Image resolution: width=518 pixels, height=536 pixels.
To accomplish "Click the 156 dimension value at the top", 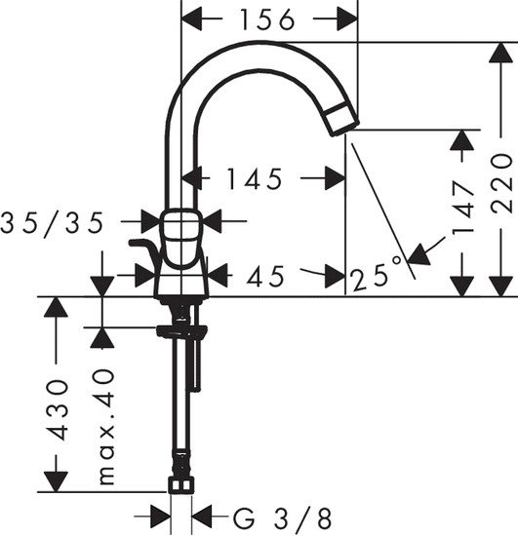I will click(x=270, y=19).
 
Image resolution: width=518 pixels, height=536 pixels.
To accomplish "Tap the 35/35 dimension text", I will click(x=65, y=223).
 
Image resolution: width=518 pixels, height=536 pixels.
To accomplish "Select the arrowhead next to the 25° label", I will click(x=418, y=255).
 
